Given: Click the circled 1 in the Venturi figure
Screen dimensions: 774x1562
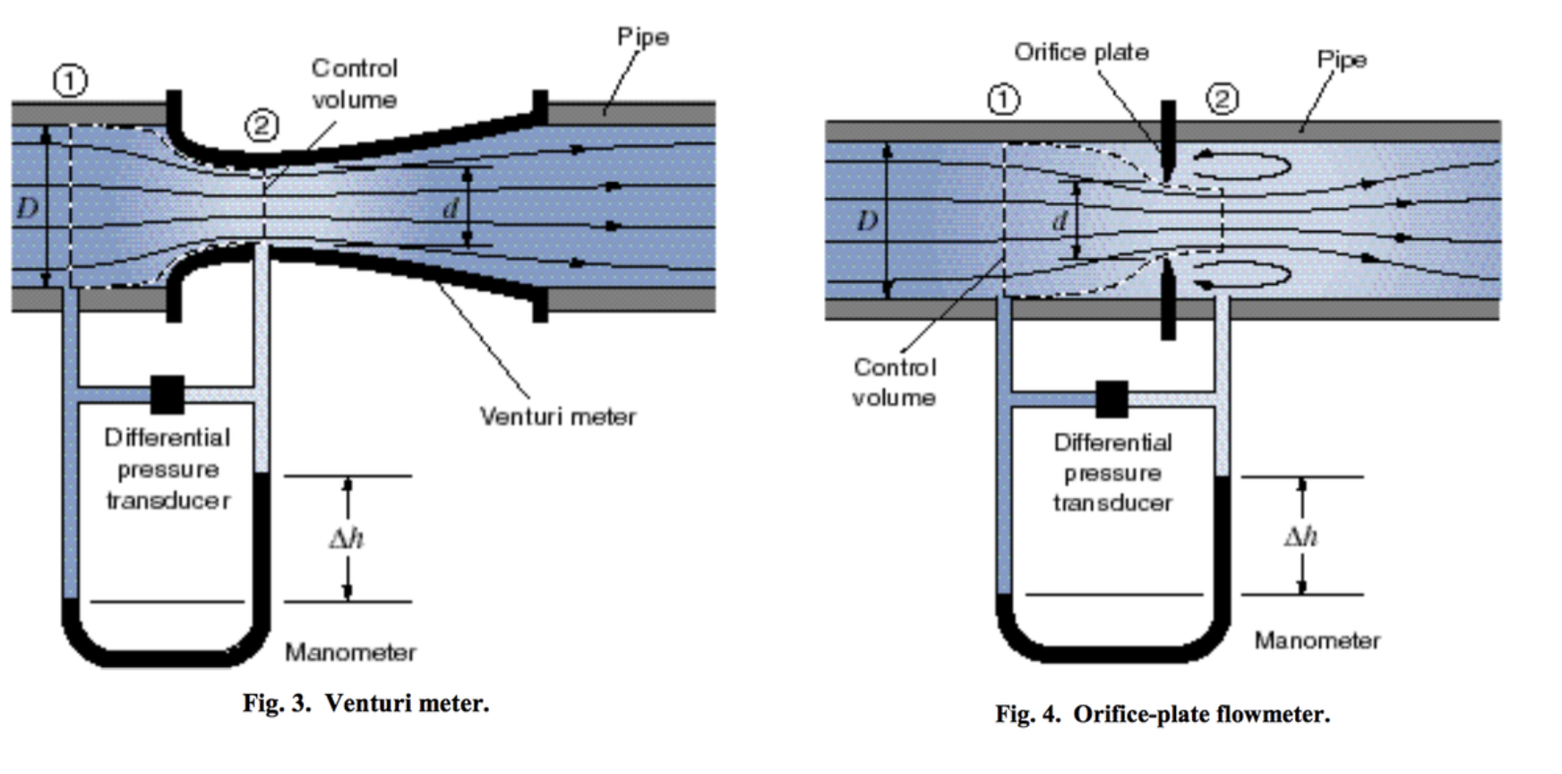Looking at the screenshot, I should point(71,82).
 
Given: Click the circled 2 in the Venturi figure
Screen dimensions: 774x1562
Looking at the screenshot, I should point(262,126).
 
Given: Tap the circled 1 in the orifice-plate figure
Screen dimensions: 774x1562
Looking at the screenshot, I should point(1003,99).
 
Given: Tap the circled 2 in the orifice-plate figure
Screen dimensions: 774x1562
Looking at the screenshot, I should point(1223,99).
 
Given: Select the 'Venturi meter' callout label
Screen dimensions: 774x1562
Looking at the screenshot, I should point(557,417).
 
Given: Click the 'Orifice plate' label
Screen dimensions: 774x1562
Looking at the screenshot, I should point(1081,53).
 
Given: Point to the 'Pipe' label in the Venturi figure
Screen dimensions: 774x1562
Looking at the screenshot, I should point(642,38).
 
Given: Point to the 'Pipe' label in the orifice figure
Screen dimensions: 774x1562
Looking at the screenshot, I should point(1341,60).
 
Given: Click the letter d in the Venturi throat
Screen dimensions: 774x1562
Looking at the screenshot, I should point(451,209).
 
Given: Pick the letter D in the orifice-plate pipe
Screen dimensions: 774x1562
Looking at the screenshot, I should point(866,220).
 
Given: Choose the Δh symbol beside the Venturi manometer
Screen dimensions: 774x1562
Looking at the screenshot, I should point(347,538).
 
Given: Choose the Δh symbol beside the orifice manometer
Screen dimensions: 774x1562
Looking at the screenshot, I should point(1300,537).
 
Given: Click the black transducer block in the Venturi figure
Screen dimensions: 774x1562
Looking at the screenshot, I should point(167,394).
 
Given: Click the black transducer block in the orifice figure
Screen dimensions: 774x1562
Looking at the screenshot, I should point(1111,400).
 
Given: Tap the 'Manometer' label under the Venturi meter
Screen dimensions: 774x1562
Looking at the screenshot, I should point(350,652).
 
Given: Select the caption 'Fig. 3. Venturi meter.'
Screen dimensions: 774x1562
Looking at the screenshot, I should point(365,703).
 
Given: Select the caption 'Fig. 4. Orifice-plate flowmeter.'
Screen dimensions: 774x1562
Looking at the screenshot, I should point(1162,714).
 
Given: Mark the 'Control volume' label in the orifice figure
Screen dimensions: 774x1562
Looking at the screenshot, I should point(894,383).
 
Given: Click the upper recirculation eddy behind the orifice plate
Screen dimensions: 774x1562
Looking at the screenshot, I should point(1247,167).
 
